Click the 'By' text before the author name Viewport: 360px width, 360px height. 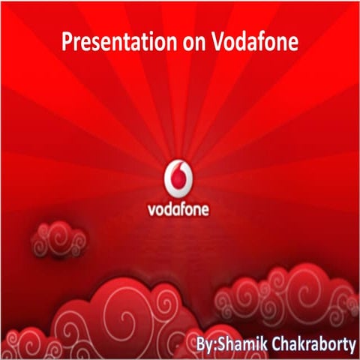coord(202,329)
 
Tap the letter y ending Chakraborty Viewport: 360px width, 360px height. coord(350,331)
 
